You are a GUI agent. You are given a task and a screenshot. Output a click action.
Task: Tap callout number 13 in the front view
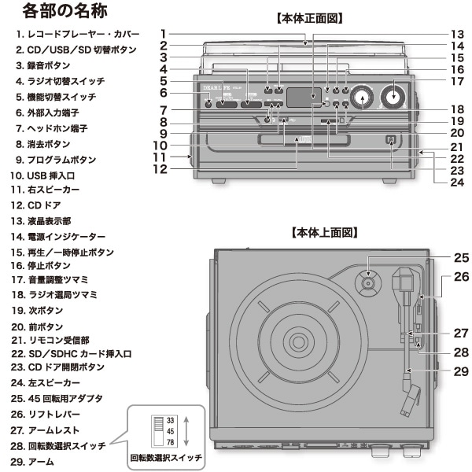(456, 35)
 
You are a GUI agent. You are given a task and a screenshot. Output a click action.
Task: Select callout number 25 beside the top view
(461, 257)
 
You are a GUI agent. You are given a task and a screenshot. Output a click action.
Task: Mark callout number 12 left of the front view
(160, 168)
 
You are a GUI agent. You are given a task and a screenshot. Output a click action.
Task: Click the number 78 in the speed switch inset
(170, 442)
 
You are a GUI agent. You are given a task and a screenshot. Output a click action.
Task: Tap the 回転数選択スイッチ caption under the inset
(166, 457)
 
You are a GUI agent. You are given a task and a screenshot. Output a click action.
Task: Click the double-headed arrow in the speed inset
(186, 431)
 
